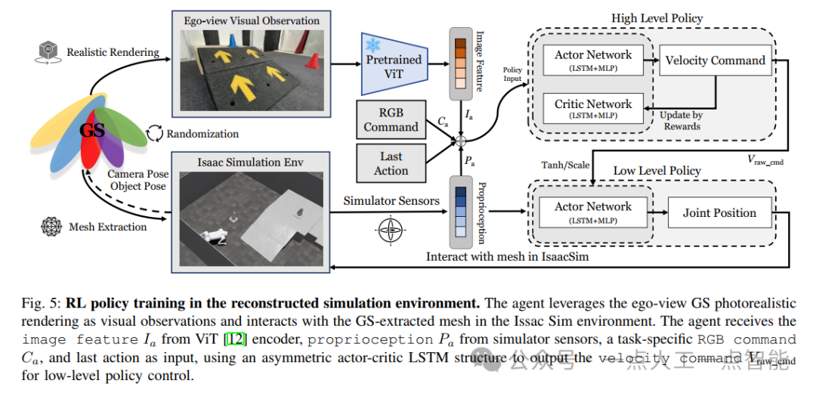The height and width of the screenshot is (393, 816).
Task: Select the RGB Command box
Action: pos(391,120)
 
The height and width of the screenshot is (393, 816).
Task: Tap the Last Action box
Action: pos(391,163)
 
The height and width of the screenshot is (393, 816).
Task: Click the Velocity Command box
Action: pos(715,60)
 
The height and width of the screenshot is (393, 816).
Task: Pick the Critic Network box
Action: pos(593,109)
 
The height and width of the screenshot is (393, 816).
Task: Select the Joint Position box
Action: pos(719,213)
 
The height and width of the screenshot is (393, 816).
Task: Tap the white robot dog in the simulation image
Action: pos(215,236)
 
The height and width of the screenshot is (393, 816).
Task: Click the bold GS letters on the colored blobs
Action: pos(92,130)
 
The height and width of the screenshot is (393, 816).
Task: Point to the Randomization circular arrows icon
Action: pos(154,133)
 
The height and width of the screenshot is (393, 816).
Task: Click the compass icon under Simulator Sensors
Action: pos(390,230)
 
